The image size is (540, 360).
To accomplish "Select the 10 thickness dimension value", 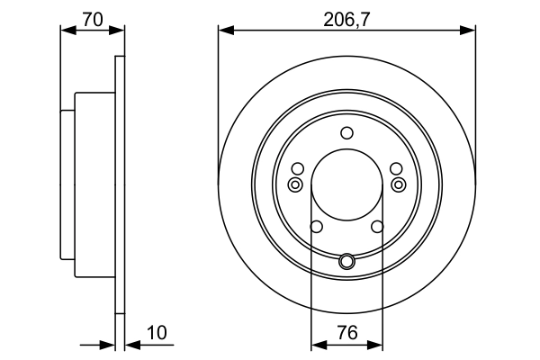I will click(157, 333).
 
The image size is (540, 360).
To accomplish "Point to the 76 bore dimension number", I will click(347, 333).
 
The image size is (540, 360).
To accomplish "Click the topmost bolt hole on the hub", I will click(347, 133).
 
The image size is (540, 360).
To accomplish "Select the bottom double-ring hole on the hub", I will click(347, 262).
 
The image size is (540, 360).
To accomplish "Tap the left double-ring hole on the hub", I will click(294, 184).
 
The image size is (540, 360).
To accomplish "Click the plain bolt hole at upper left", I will click(298, 168).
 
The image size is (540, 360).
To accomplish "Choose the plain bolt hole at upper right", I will click(396, 168).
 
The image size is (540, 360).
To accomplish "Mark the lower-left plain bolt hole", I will click(316, 227).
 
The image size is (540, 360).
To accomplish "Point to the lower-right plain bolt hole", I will click(378, 227).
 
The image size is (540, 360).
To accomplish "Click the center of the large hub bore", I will click(347, 184).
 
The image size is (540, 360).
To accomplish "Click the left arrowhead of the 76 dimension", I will click(316, 345).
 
